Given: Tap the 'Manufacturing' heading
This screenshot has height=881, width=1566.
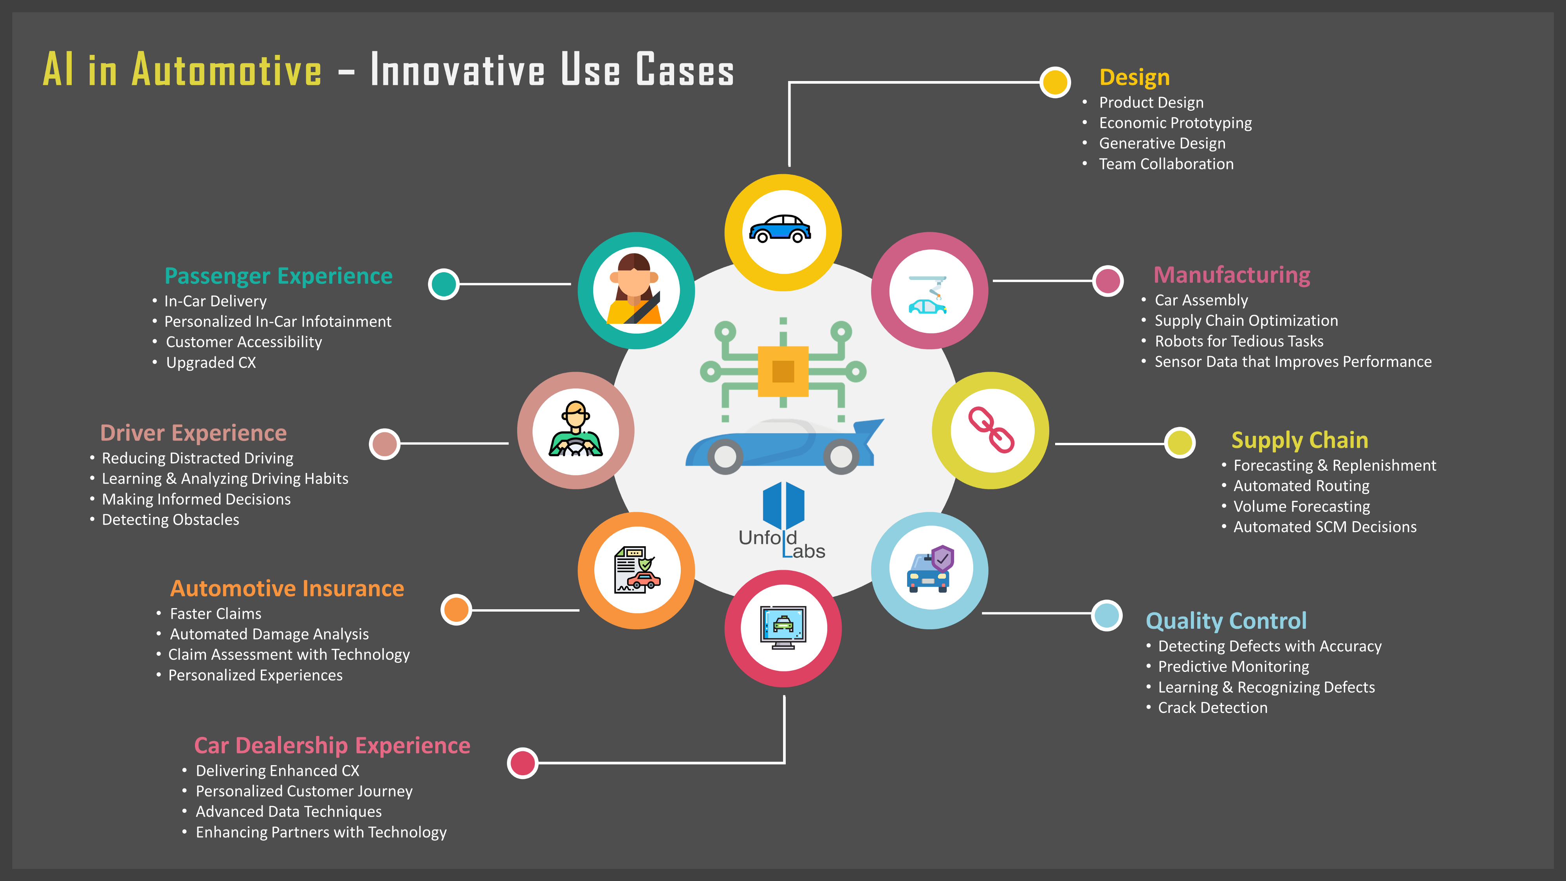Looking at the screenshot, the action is coord(1232,275).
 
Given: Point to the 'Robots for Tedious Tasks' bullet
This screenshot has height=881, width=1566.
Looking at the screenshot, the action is coord(1239,341).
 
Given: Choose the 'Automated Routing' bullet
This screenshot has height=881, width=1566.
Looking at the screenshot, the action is coord(1301,486).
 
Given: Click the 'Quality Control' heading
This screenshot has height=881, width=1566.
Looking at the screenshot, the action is coord(1225,621).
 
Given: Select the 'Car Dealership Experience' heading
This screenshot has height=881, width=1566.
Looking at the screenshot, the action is coord(332,746).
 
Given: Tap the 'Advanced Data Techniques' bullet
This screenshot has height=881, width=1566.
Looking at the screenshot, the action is coord(289,812).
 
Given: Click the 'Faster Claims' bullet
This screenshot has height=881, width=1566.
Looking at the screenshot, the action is coord(215,614).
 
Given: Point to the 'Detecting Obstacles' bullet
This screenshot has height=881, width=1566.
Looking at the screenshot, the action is coord(170,520).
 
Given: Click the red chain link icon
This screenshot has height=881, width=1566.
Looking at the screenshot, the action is coord(991,430).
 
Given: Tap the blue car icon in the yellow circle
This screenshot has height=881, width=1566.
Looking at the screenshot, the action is coord(780,229).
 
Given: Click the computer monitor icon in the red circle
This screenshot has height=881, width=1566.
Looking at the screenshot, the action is coord(784,627).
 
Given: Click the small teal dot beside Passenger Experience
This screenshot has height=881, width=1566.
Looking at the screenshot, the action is coord(444,284).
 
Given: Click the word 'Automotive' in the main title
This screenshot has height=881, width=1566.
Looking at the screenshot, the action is coord(227,70).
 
